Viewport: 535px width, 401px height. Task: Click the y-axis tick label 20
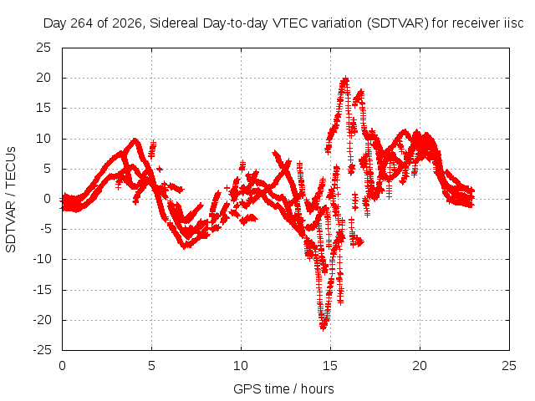pyautogui.click(x=43, y=78)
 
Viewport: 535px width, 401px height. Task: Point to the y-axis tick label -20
pyautogui.click(x=42, y=320)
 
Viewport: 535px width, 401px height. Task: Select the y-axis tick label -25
pyautogui.click(x=42, y=350)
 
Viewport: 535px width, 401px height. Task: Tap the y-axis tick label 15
pyautogui.click(x=43, y=108)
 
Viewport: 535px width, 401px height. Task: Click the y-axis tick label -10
pyautogui.click(x=42, y=260)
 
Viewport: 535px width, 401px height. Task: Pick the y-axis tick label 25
pyautogui.click(x=43, y=48)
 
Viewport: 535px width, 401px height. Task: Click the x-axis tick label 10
pyautogui.click(x=241, y=366)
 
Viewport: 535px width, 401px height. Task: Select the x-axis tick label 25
pyautogui.click(x=509, y=366)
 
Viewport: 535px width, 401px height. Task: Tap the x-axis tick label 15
pyautogui.click(x=330, y=366)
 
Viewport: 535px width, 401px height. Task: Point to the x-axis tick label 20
pyautogui.click(x=420, y=366)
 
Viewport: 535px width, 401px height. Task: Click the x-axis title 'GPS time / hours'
pyautogui.click(x=283, y=389)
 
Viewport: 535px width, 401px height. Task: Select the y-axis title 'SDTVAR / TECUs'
pyautogui.click(x=11, y=200)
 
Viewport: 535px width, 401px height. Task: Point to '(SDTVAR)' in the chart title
pyautogui.click(x=398, y=23)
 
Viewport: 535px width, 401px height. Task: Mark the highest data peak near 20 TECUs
pyautogui.click(x=345, y=79)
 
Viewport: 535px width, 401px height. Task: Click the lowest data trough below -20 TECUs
pyautogui.click(x=324, y=327)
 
